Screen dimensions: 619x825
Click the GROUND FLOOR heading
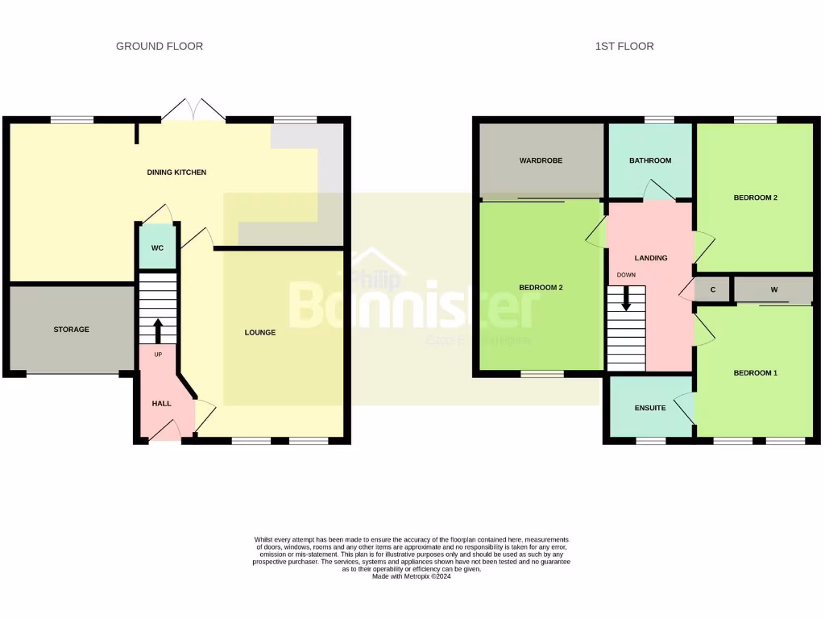(160, 47)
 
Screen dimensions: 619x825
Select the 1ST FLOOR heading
(624, 47)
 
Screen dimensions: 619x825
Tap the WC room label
(157, 248)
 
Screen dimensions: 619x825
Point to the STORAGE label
(72, 330)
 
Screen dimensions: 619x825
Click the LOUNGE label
(260, 333)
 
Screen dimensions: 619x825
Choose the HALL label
(162, 403)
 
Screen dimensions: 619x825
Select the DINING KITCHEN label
(176, 172)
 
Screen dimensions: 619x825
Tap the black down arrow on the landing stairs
(626, 301)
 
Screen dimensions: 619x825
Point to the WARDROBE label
(541, 160)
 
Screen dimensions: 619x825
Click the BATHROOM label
(650, 160)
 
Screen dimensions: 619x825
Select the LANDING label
(651, 259)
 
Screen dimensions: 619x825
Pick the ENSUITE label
(650, 408)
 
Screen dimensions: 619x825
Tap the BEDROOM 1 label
(755, 373)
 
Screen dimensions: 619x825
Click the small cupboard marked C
(713, 289)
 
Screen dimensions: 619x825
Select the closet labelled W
(773, 289)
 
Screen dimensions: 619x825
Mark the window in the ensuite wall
(651, 441)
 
